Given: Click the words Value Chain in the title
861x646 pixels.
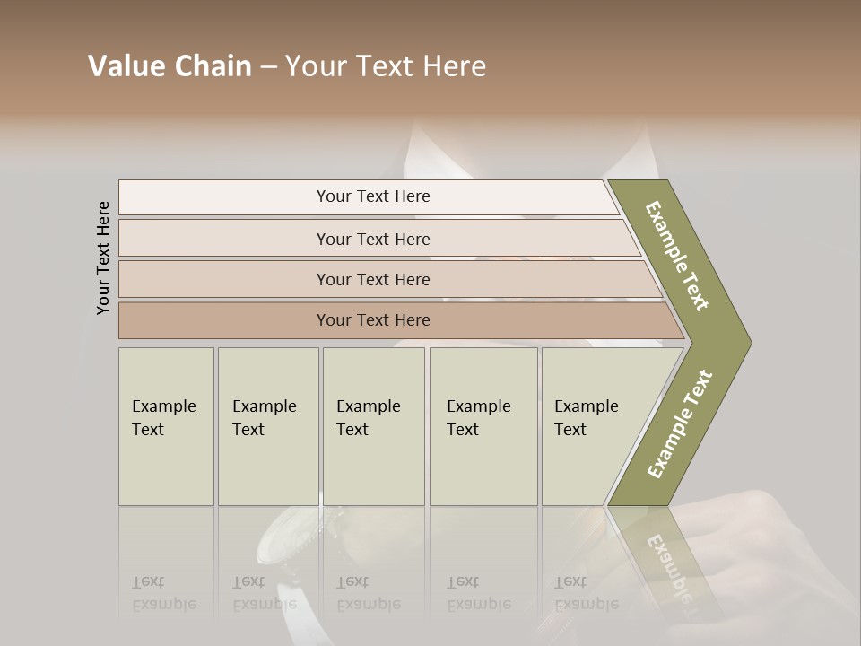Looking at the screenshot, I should (170, 66).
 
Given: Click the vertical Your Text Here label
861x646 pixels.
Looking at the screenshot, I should (104, 258).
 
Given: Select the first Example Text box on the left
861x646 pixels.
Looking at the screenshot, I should (166, 426).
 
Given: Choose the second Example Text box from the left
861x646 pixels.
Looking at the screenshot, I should (268, 426).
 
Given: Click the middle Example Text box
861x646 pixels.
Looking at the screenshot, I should (373, 426).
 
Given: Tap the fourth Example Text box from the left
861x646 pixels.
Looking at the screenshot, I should (483, 426).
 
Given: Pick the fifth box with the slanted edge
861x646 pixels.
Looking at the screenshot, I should (592, 426).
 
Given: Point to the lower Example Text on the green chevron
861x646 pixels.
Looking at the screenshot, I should (680, 423).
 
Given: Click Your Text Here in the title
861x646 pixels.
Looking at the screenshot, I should (386, 66).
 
